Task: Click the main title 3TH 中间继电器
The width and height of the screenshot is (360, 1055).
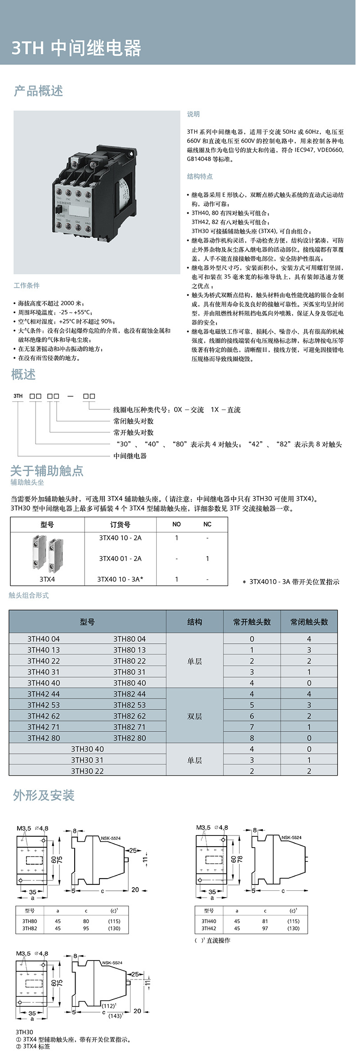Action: point(76,48)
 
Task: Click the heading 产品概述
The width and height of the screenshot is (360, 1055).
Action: point(39,91)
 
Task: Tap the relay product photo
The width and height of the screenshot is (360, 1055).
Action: point(96,192)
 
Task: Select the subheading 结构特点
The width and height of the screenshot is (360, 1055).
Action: point(200,176)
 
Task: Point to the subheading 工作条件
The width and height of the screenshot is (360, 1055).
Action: point(27,285)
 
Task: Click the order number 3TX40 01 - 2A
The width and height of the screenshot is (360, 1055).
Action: point(120,558)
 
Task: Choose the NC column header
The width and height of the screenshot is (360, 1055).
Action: point(207,524)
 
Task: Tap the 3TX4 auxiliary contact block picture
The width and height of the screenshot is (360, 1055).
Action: point(47,554)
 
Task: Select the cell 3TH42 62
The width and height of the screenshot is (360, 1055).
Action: point(44,716)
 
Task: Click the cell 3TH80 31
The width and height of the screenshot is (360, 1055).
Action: point(130,672)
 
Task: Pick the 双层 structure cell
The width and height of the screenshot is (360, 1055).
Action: point(194,716)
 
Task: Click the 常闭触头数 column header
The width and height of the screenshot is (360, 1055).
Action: point(309,622)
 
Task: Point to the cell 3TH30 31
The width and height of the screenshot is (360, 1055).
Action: point(87,760)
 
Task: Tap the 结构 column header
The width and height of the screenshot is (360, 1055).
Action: point(194,622)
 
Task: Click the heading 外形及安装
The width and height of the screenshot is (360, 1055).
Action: point(44,795)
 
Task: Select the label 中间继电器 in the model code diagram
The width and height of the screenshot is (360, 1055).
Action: point(130,456)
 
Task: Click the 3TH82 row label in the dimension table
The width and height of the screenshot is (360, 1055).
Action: point(30,928)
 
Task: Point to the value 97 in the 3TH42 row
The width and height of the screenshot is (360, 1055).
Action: point(265,928)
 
